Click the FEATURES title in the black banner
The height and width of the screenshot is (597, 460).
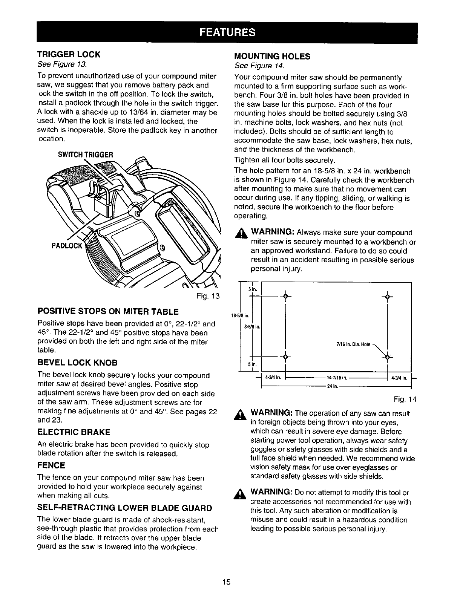click(227, 32)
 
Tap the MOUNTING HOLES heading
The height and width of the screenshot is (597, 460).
click(272, 57)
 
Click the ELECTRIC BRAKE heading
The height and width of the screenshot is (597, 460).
click(74, 432)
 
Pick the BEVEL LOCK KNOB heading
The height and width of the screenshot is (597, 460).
click(78, 363)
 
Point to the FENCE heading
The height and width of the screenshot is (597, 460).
click(51, 465)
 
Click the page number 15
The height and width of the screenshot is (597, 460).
click(226, 582)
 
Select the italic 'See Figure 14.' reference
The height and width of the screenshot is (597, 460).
click(259, 66)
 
